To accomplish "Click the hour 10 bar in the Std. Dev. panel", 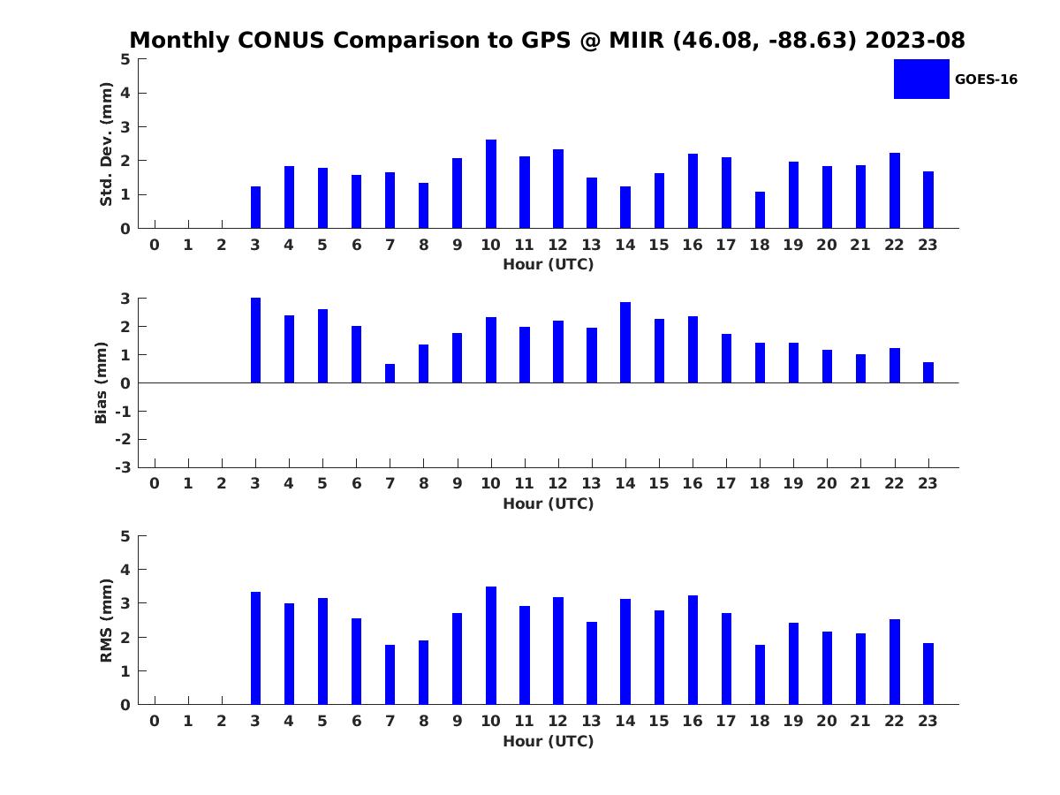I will pyautogui.click(x=491, y=184).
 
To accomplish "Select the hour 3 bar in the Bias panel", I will pyautogui.click(x=255, y=340).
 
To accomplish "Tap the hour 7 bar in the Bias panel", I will pyautogui.click(x=390, y=374).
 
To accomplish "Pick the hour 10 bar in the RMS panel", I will pyautogui.click(x=491, y=646).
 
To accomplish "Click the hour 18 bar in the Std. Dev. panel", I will pyautogui.click(x=760, y=210).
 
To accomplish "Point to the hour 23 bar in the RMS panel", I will pyautogui.click(x=928, y=674).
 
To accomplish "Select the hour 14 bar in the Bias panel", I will pyautogui.click(x=625, y=343).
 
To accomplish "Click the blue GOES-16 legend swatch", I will pyautogui.click(x=921, y=79).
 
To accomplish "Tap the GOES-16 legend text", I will pyautogui.click(x=986, y=79).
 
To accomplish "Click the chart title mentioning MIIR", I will pyautogui.click(x=548, y=41).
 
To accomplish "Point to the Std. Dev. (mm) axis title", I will pyautogui.click(x=106, y=144).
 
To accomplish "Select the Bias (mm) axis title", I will pyautogui.click(x=102, y=382).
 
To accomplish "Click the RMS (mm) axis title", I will pyautogui.click(x=106, y=620).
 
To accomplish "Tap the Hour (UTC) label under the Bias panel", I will pyautogui.click(x=548, y=503).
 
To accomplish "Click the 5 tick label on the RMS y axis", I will pyautogui.click(x=126, y=536).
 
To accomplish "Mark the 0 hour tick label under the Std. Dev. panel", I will pyautogui.click(x=155, y=245).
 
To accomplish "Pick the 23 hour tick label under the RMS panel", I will pyautogui.click(x=928, y=721).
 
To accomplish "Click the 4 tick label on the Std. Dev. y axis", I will pyautogui.click(x=126, y=93).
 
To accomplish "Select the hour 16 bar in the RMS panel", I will pyautogui.click(x=693, y=650).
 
